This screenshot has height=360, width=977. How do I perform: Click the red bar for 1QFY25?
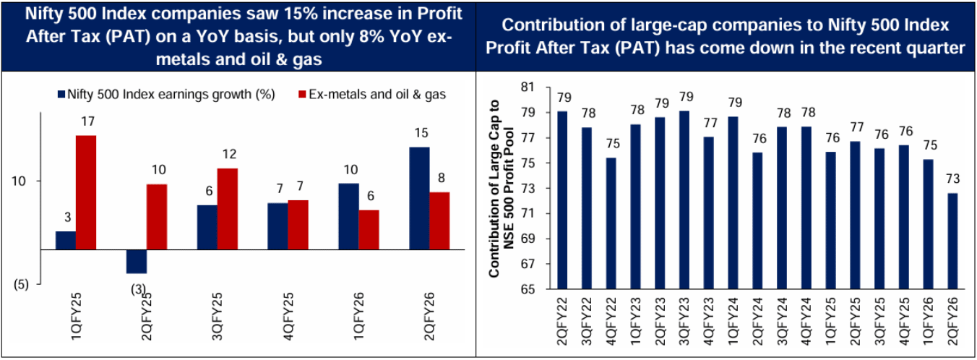coord(86,192)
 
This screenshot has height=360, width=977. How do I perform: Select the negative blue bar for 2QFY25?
coord(137,261)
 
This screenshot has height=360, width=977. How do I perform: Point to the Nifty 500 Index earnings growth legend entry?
coord(165,95)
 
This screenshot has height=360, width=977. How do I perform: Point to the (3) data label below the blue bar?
coord(137,291)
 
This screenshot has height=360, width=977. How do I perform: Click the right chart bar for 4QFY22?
coord(611,223)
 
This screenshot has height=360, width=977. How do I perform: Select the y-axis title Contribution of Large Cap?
coord(502,188)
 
